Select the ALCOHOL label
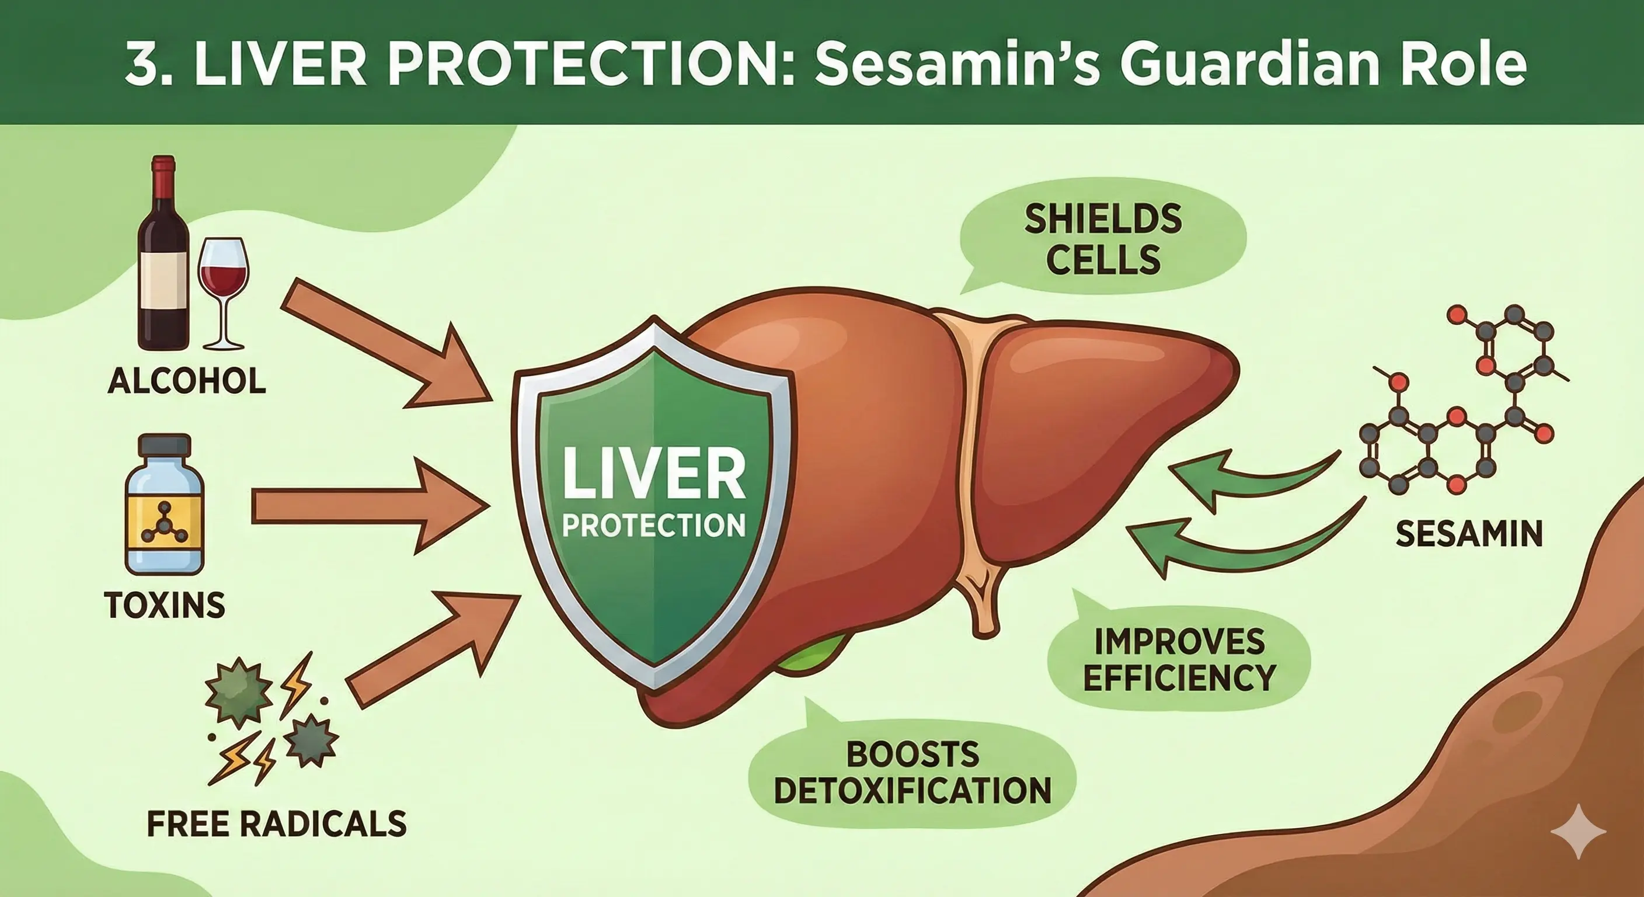tap(187, 381)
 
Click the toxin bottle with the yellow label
tap(165, 505)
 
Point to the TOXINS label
tap(165, 604)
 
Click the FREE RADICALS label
tap(277, 823)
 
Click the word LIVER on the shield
tap(653, 473)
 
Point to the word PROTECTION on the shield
tap(653, 525)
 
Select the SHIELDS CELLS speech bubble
tap(1102, 240)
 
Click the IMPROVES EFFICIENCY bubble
tap(1178, 659)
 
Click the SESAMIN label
tap(1469, 534)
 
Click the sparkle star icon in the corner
tap(1578, 831)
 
